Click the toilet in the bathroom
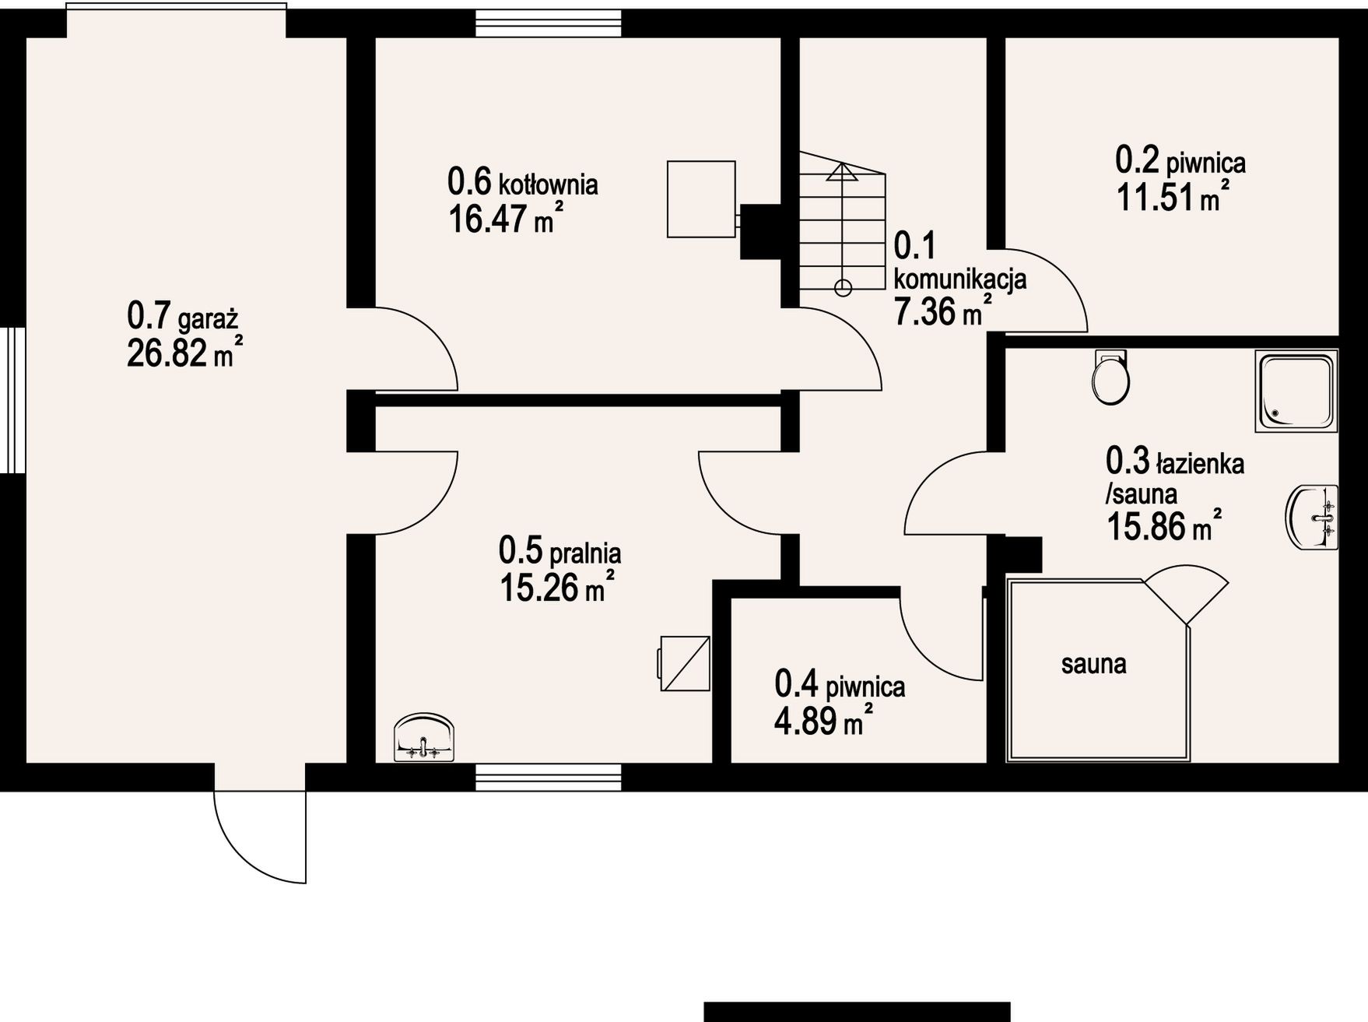click(1110, 377)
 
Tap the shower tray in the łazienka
click(1296, 391)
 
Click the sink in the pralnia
click(425, 737)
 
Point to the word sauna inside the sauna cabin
click(1093, 664)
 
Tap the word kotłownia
click(548, 185)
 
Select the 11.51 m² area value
click(1173, 196)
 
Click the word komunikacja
click(960, 279)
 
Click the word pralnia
click(585, 553)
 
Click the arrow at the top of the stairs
click(841, 172)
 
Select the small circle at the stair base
click(842, 289)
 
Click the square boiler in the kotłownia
click(701, 199)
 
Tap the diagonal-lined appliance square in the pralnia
click(685, 663)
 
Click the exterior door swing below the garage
click(260, 838)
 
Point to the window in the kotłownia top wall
click(549, 23)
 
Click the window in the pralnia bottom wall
click(549, 777)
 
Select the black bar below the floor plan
click(857, 1011)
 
